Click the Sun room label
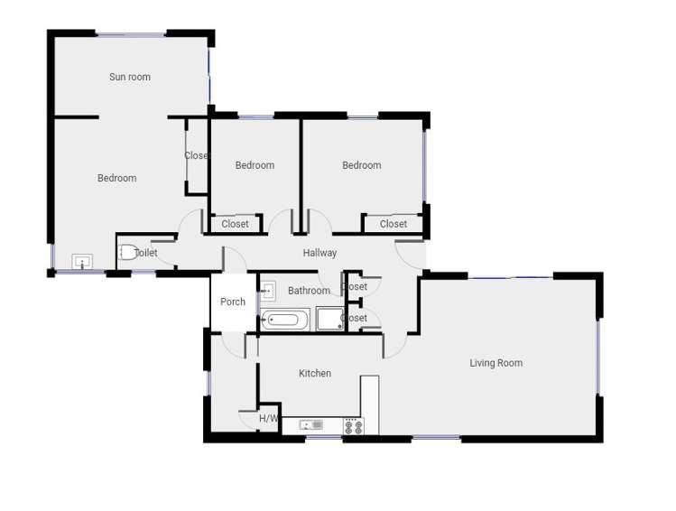(130, 78)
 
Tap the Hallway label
(319, 253)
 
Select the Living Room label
(495, 364)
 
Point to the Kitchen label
(315, 374)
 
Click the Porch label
(233, 302)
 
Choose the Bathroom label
(309, 291)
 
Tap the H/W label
(268, 419)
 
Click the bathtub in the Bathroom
(286, 319)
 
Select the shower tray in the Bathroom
(329, 319)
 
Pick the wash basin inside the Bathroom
(268, 291)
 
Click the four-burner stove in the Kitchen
(353, 425)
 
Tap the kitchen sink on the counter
(312, 424)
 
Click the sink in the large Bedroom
(82, 263)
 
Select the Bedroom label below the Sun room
(117, 179)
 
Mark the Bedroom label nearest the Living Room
(361, 165)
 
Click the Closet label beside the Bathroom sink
(356, 287)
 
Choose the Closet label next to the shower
(356, 318)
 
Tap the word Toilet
(147, 253)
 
